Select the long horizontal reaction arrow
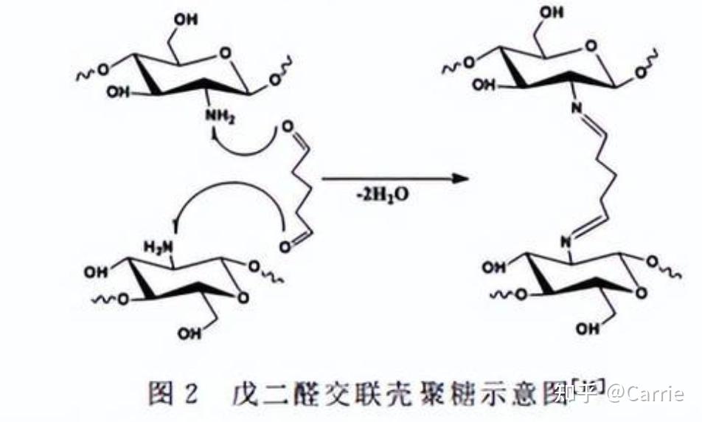pyautogui.click(x=396, y=179)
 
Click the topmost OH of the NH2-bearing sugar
pyautogui.click(x=186, y=20)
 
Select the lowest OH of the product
pyautogui.click(x=589, y=329)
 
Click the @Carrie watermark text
pyautogui.click(x=644, y=393)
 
